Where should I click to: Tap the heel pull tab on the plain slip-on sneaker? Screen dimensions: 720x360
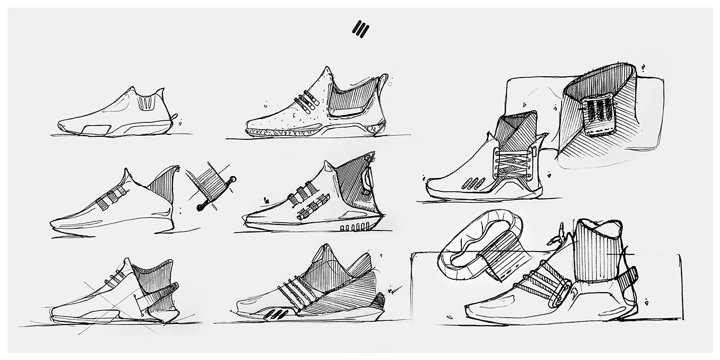174,117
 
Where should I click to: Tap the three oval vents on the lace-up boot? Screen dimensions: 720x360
473,183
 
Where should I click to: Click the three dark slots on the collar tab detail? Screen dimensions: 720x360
600,109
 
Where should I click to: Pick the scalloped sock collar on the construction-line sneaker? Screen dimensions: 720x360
152,270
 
